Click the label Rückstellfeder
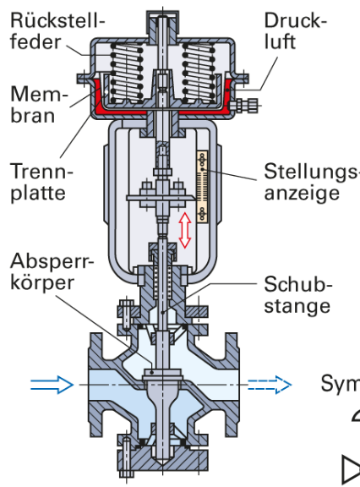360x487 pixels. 57,31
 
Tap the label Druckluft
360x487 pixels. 296,31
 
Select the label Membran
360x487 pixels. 39,104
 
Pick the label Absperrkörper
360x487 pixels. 52,271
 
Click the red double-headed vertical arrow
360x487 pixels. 185,230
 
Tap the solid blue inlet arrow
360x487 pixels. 52,385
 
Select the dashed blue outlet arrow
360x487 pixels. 270,385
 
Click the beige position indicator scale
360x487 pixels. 202,187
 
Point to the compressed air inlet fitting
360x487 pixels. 244,106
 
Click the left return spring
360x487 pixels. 127,74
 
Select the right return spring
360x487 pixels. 199,74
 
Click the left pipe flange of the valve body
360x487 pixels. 95,385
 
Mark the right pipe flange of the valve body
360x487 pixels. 232,385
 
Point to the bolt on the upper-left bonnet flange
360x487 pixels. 127,315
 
